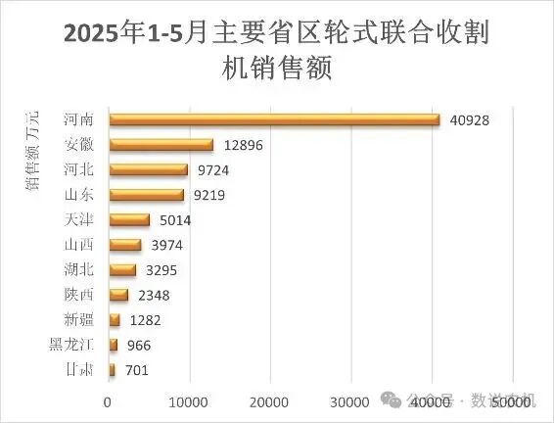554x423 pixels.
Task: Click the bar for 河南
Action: click(274, 119)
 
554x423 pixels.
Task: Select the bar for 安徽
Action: click(161, 145)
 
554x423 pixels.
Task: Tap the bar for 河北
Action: click(148, 169)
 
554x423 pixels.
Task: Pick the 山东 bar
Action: click(146, 195)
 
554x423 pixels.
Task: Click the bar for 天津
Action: click(129, 220)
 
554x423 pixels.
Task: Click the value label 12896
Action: click(244, 146)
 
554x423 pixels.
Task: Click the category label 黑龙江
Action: click(71, 344)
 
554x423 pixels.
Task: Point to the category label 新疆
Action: click(79, 319)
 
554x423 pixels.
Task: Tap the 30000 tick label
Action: click(348, 400)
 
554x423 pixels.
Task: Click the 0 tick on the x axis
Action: click(108, 400)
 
